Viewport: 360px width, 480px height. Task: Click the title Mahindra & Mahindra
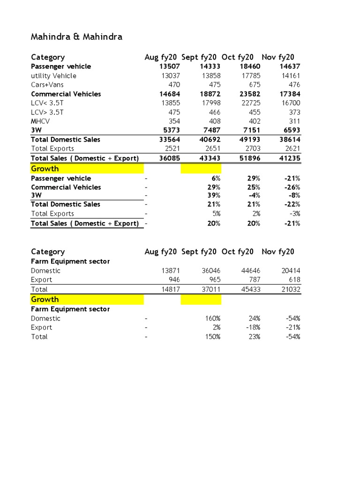(76, 37)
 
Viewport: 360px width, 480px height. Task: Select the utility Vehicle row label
(53, 75)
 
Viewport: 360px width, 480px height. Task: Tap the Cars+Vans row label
(47, 85)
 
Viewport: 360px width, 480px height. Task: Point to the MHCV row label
(41, 121)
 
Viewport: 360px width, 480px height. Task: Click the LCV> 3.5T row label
(47, 112)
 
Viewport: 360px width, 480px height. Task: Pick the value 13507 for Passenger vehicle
(170, 67)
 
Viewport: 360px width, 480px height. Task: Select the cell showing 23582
(250, 94)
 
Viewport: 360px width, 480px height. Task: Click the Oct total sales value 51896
(250, 158)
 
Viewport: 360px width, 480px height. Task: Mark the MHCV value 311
(293, 121)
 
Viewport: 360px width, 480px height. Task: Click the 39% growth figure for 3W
(214, 195)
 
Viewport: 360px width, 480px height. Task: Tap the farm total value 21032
(291, 289)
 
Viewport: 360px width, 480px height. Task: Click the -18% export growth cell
(252, 327)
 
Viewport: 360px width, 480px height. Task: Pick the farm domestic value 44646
(250, 270)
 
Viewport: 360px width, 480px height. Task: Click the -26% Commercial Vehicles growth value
(292, 187)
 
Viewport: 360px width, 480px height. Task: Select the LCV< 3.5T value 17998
(210, 103)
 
